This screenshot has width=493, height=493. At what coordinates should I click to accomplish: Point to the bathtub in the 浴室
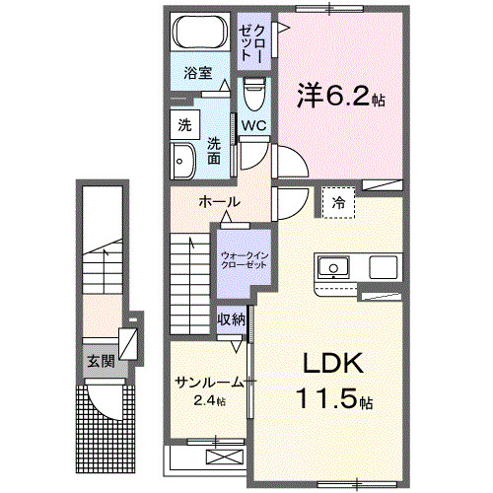pyautogui.click(x=198, y=35)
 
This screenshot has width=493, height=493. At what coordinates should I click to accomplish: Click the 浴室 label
pyautogui.click(x=197, y=72)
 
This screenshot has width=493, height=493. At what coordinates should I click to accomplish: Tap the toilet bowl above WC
pyautogui.click(x=253, y=96)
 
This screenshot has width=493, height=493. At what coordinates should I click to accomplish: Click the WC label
pyautogui.click(x=253, y=125)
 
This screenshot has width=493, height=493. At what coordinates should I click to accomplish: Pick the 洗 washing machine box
pyautogui.click(x=184, y=125)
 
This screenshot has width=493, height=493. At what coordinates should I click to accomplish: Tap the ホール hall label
pyautogui.click(x=219, y=202)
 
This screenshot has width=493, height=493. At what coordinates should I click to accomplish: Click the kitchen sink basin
pyautogui.click(x=331, y=267)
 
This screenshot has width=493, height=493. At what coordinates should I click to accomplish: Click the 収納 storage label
pyautogui.click(x=232, y=319)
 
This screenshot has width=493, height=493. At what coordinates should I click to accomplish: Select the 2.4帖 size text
pyautogui.click(x=209, y=401)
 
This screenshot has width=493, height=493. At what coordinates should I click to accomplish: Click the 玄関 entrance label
pyautogui.click(x=101, y=362)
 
